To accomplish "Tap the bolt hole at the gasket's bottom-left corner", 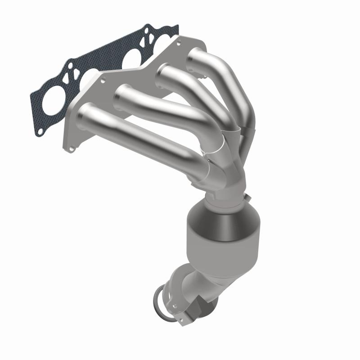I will coord(40,131).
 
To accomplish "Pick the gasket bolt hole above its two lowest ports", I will coord(71,66).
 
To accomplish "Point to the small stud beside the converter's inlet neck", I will coord(249,196).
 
